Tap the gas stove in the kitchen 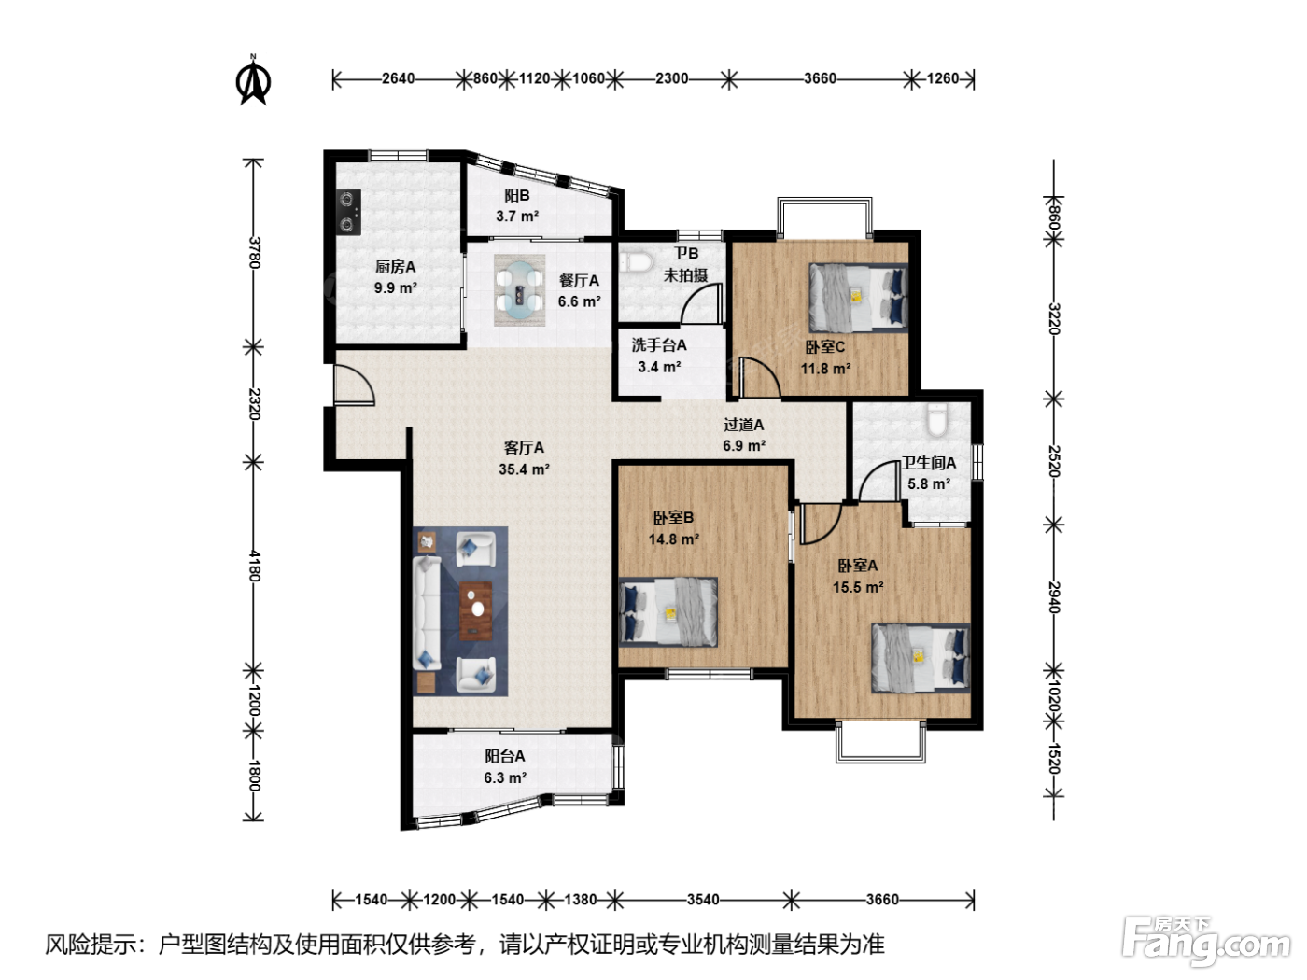[348, 212]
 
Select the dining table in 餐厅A [520, 290]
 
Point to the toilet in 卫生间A [936, 419]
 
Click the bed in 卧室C [858, 298]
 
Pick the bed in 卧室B [668, 611]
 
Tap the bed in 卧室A [921, 658]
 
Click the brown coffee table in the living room [476, 610]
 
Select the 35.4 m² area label [524, 469]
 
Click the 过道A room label [744, 425]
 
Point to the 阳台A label [505, 756]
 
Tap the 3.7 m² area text [517, 216]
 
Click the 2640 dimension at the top [398, 78]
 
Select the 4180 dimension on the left [254, 566]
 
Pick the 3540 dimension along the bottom [703, 899]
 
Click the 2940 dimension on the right [1054, 597]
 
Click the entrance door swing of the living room [355, 385]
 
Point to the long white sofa [427, 613]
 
